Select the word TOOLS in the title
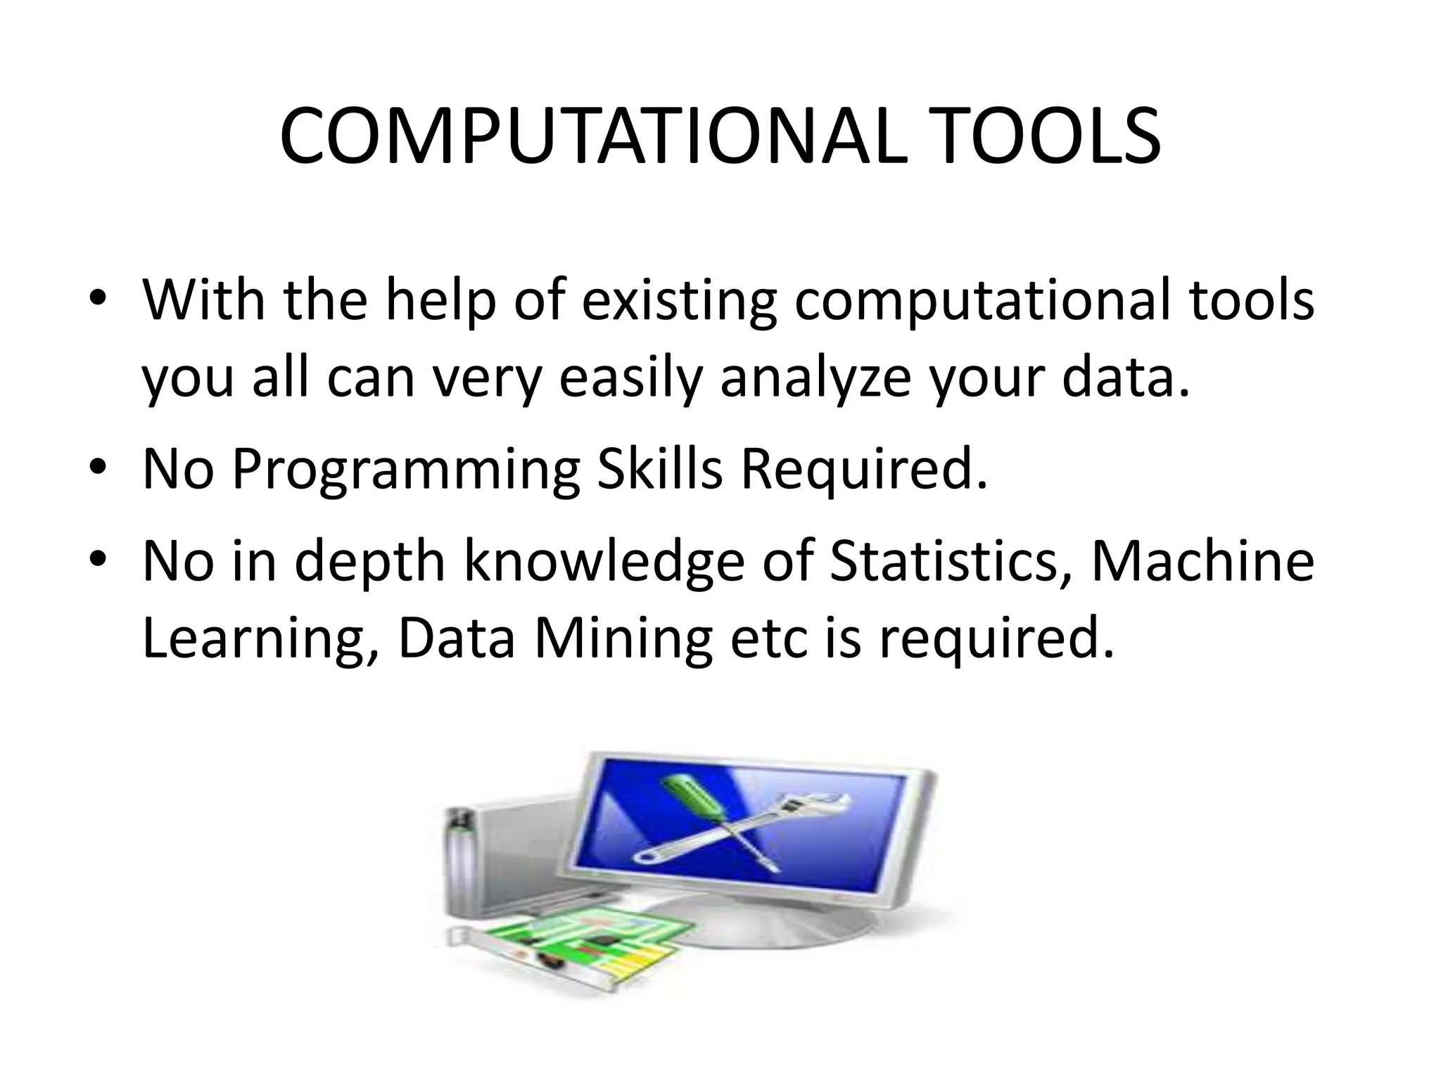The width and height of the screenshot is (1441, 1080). (1029, 137)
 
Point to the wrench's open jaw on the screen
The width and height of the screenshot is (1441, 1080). (831, 803)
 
